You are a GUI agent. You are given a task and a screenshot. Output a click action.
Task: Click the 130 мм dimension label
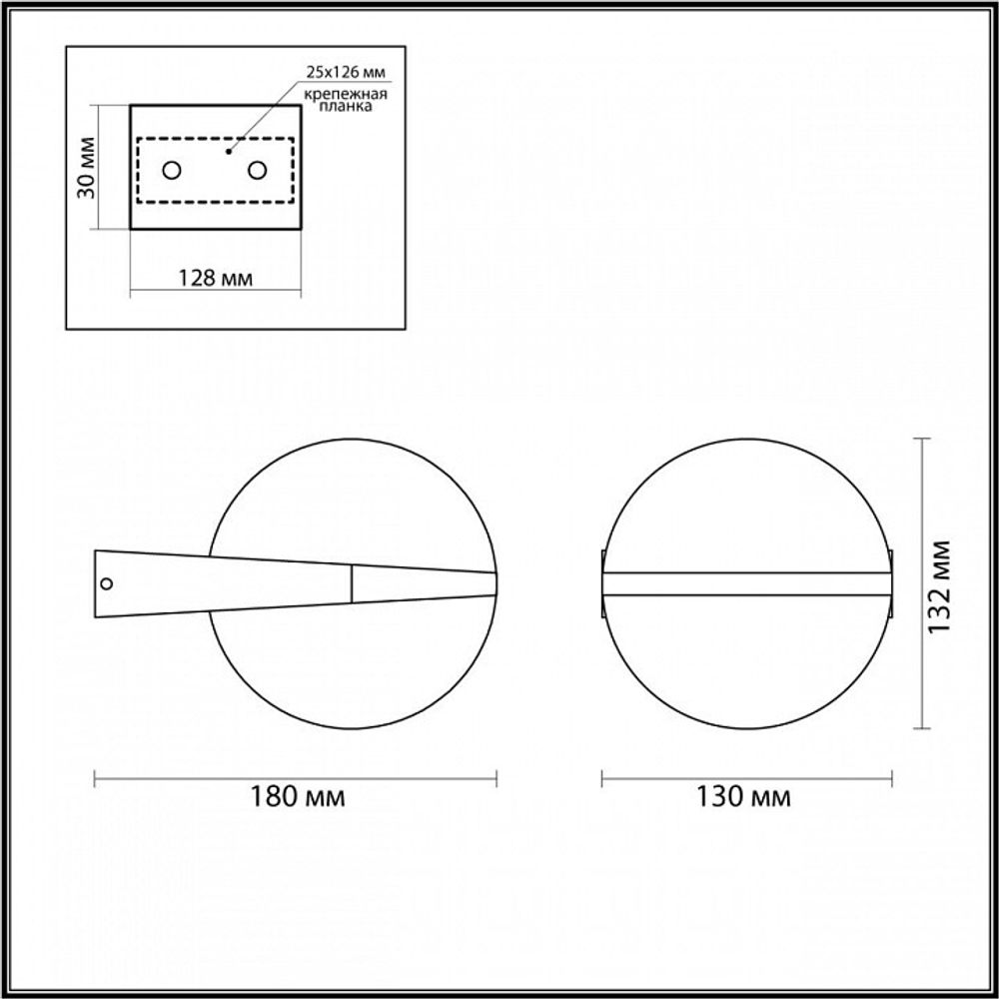point(743,797)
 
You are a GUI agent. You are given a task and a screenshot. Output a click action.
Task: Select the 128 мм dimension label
point(216,278)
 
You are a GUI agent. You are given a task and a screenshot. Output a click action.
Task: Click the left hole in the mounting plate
point(171,170)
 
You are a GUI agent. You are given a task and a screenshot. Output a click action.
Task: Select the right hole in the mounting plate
point(258,170)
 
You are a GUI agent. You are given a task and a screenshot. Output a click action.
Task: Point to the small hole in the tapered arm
point(108,583)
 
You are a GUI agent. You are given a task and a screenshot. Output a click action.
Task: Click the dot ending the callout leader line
point(229,152)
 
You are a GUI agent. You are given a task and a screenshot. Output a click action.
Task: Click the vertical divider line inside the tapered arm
point(352,585)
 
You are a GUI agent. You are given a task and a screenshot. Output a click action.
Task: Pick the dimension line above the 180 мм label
point(295,777)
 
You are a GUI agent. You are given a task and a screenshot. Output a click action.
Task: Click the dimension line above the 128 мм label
point(216,293)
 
